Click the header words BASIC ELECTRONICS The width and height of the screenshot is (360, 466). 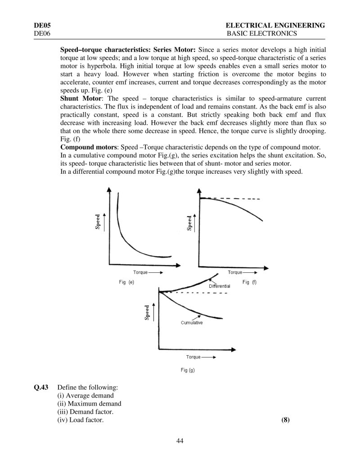coord(262,34)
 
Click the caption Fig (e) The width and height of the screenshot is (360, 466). coord(126,282)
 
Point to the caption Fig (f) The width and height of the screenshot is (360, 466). coord(249,282)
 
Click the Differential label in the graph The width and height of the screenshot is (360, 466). coord(219,286)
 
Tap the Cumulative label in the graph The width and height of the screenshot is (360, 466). coord(192,323)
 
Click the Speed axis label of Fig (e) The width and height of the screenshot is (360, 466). coord(98,222)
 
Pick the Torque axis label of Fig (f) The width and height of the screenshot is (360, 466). coord(235,272)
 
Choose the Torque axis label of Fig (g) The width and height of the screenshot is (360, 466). coord(193,357)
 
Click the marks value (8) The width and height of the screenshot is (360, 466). coord(285,420)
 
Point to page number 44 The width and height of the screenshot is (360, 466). coord(180,440)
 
